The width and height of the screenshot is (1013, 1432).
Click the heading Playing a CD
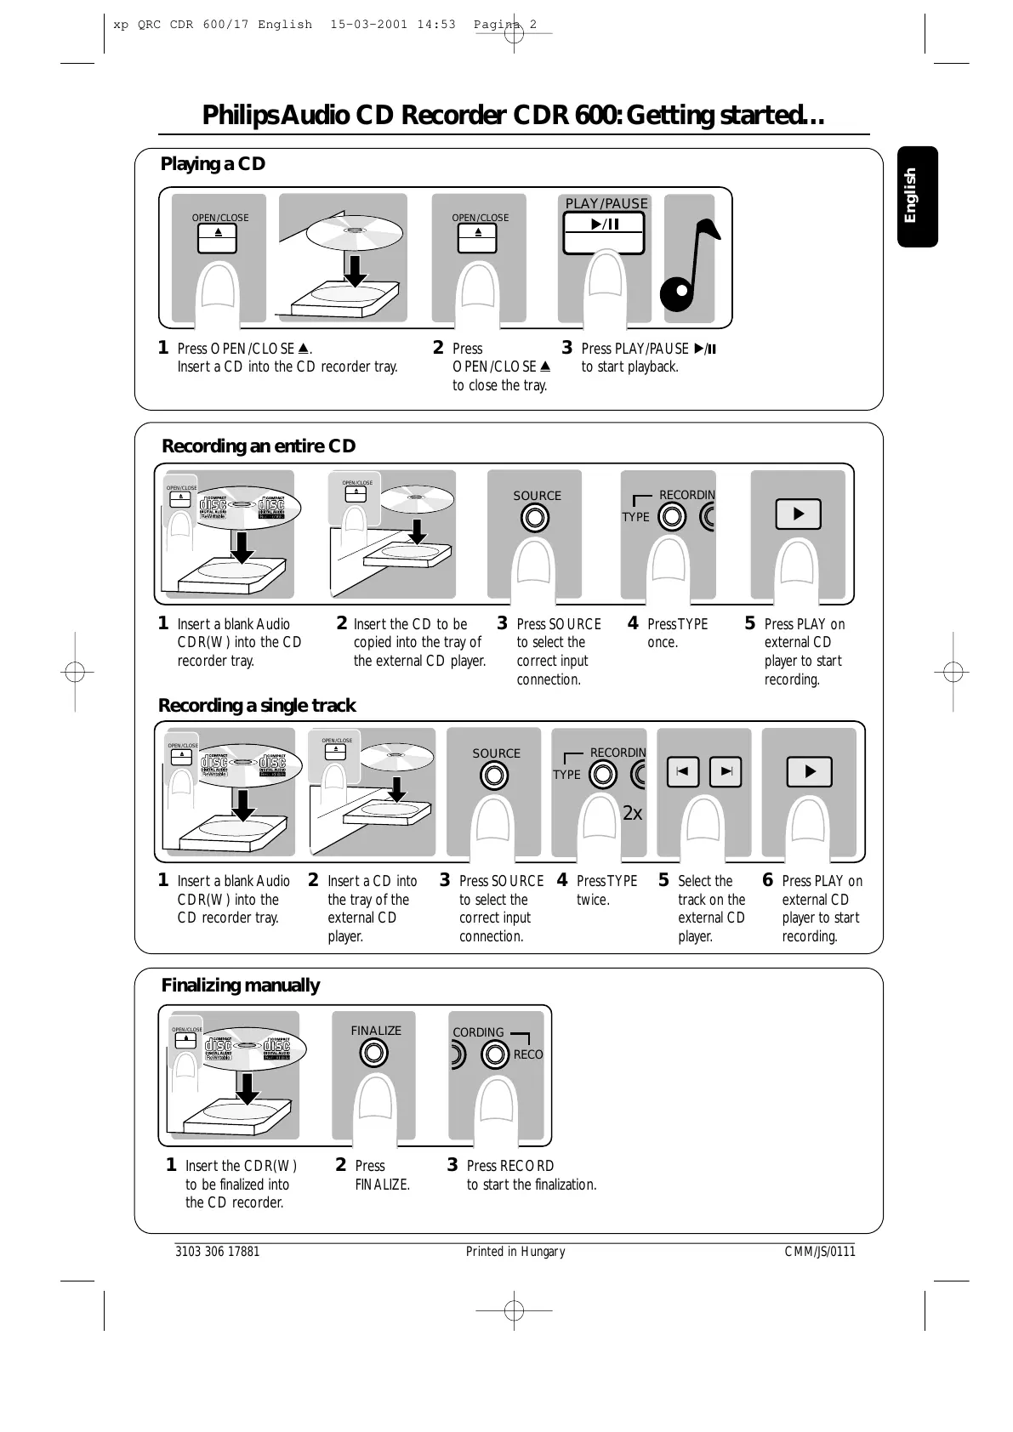click(213, 164)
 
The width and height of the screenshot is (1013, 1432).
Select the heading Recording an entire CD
click(259, 446)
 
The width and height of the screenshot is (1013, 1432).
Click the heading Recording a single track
click(257, 706)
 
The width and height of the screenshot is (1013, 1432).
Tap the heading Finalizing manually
click(240, 986)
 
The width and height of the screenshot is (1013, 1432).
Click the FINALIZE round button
click(373, 1054)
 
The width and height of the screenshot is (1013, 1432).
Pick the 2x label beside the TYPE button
click(632, 814)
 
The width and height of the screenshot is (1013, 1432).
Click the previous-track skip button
click(682, 772)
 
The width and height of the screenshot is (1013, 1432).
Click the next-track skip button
click(726, 772)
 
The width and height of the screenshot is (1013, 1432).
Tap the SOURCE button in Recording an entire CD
click(535, 517)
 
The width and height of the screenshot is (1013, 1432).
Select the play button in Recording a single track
click(809, 772)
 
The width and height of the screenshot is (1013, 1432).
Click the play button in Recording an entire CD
click(798, 514)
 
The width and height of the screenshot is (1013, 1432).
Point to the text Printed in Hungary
click(515, 1252)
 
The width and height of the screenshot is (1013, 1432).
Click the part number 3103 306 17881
click(217, 1252)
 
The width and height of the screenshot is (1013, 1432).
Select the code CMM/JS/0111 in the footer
click(819, 1252)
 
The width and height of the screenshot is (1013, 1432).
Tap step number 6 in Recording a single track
click(768, 880)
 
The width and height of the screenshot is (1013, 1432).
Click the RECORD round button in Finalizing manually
click(495, 1054)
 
